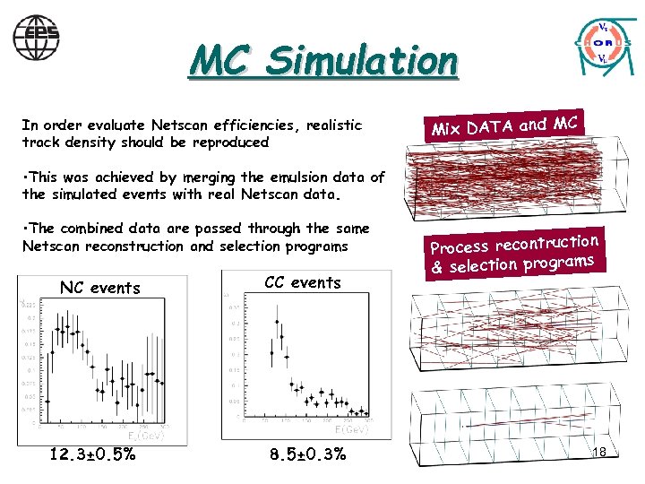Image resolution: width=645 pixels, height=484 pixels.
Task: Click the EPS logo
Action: point(36,37)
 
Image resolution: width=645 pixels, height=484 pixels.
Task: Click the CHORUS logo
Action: point(603,43)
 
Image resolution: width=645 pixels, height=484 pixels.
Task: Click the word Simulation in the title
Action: point(363,61)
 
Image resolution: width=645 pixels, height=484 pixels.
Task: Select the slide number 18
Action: point(598,452)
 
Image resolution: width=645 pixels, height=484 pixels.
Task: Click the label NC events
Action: point(99,288)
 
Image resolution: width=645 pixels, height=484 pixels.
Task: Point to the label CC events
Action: point(303,282)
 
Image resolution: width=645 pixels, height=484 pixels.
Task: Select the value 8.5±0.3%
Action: point(307,454)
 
